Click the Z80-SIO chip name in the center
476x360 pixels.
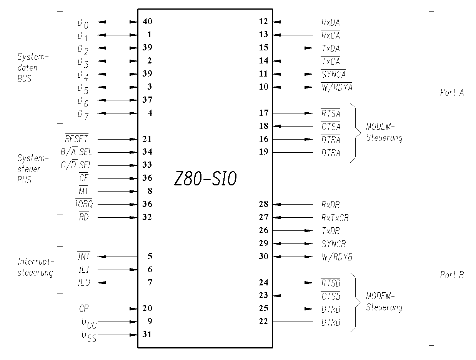[x=205, y=178]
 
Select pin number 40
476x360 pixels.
[x=148, y=21]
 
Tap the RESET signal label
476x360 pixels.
[x=77, y=138]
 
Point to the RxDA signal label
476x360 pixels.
[x=331, y=22]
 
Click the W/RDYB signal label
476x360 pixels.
[x=336, y=257]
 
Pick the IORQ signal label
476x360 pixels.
[x=84, y=203]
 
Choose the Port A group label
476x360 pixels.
[x=452, y=93]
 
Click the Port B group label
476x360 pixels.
[x=452, y=275]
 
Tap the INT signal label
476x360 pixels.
[x=84, y=256]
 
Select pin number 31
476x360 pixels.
[x=147, y=334]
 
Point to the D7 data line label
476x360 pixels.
[x=83, y=115]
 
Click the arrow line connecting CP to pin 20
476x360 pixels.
[x=117, y=309]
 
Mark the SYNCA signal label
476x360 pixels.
[x=333, y=74]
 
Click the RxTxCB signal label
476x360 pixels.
[x=335, y=218]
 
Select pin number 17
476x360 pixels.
[x=264, y=113]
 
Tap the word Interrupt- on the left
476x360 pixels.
[x=36, y=261]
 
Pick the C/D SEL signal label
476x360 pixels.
[x=76, y=165]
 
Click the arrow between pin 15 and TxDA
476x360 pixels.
[x=293, y=48]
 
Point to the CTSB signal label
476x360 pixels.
[x=331, y=296]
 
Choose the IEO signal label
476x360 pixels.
[x=84, y=283]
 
